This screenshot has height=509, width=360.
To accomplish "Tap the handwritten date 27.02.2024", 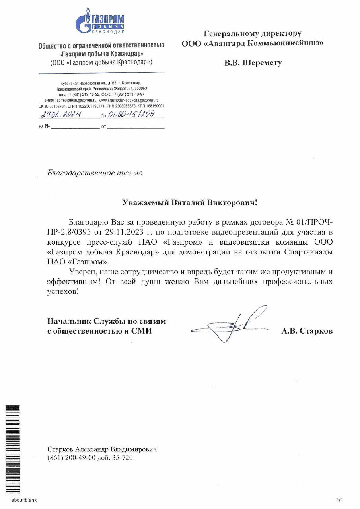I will point(61,115).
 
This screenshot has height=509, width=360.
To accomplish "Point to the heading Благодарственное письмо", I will point(95,173).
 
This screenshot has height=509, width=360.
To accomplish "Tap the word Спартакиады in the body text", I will point(306,252).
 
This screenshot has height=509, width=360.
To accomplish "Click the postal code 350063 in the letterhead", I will point(140,89).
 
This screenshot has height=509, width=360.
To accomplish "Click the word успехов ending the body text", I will point(64,291).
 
